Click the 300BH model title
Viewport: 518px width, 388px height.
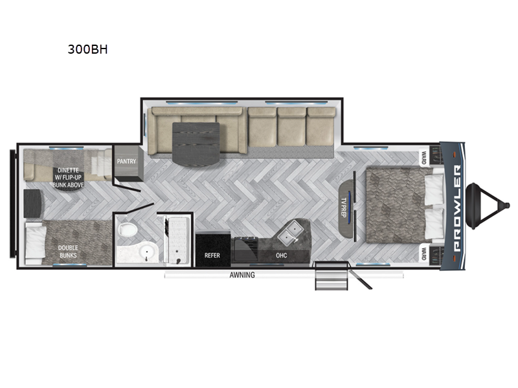(x=87, y=49)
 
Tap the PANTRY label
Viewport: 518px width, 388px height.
(x=126, y=161)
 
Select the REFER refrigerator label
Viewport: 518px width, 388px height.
(x=212, y=255)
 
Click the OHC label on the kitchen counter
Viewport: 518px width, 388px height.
(x=282, y=255)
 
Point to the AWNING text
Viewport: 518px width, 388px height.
(x=242, y=275)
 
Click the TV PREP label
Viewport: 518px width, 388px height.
(x=343, y=208)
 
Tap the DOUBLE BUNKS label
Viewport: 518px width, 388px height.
(x=68, y=252)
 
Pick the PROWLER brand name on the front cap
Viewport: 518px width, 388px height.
(x=457, y=208)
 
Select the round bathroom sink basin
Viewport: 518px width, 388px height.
(x=145, y=253)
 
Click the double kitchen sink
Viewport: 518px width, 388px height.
(x=289, y=232)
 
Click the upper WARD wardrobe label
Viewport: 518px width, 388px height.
(x=423, y=158)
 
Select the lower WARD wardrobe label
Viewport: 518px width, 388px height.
(x=423, y=253)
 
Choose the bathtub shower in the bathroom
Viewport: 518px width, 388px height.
(x=177, y=240)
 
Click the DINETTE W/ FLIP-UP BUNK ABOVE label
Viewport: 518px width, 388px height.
(x=68, y=177)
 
